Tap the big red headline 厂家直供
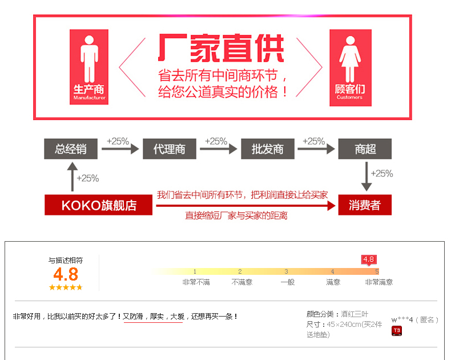click(x=221, y=49)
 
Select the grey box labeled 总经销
click(x=71, y=149)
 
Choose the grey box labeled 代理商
click(x=169, y=149)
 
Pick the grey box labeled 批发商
click(x=267, y=149)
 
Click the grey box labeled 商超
click(x=365, y=149)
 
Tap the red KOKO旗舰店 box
click(x=99, y=205)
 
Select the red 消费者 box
click(x=365, y=205)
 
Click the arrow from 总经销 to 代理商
click(x=120, y=149)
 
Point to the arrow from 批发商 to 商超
click(x=316, y=149)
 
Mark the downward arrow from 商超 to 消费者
click(x=367, y=177)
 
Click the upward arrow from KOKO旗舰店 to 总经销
click(x=71, y=177)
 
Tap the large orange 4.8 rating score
click(x=66, y=274)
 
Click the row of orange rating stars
click(x=66, y=287)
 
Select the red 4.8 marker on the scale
click(x=369, y=259)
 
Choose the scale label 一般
click(x=287, y=282)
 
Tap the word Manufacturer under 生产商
click(x=90, y=98)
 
